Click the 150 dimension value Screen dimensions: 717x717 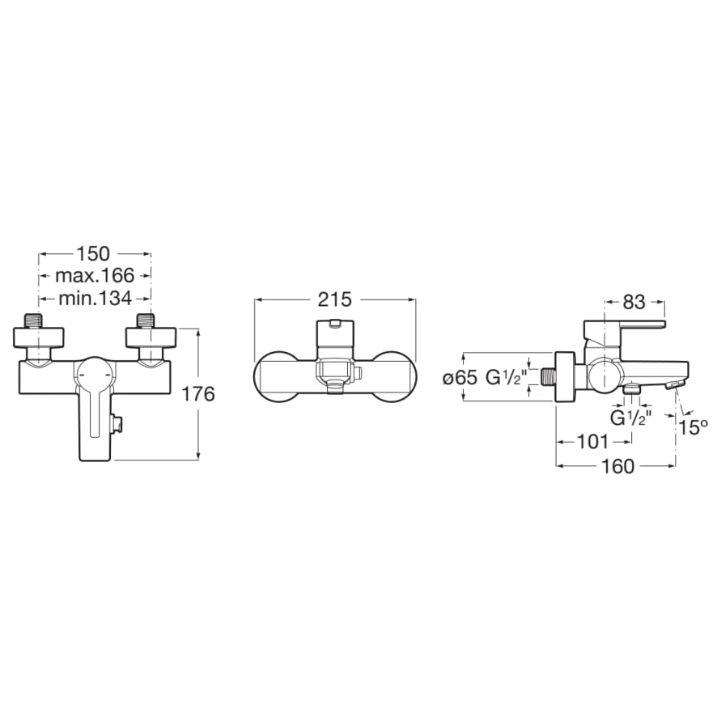click(x=93, y=254)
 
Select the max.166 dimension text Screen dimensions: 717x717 click(x=95, y=275)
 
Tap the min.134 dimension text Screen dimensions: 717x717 click(x=95, y=299)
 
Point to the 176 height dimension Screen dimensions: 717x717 click(x=198, y=394)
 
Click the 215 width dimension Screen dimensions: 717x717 click(x=335, y=300)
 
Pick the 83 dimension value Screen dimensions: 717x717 click(x=634, y=302)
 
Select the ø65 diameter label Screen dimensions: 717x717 click(x=460, y=378)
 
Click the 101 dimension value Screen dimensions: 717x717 click(x=592, y=442)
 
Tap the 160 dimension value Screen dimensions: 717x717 click(x=617, y=466)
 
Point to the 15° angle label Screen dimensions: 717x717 click(x=693, y=427)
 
